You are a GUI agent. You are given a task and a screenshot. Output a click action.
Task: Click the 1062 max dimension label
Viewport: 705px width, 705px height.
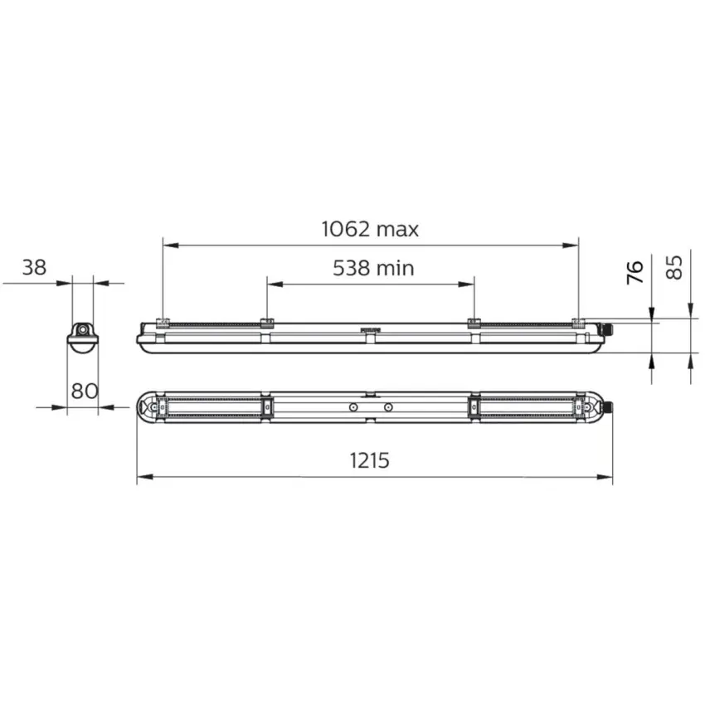370,229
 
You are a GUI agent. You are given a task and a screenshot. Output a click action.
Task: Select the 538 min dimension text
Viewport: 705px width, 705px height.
373,269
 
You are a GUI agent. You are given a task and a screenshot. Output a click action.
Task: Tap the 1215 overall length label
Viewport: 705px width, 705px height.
370,460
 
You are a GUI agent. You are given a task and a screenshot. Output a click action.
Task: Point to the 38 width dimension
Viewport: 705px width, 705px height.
34,268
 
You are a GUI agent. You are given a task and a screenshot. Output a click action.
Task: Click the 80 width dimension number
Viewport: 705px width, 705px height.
85,391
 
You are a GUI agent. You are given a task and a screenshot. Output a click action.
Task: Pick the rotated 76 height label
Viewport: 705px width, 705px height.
634,272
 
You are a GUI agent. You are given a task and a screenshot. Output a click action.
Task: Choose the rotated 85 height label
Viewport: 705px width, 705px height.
674,268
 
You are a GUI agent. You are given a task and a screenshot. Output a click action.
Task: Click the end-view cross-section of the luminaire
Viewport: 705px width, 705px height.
82,338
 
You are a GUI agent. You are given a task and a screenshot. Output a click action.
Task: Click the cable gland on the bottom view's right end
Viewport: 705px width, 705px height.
607,407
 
